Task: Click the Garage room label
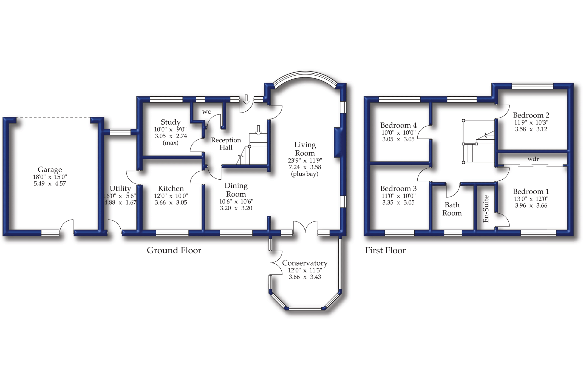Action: pos(50,169)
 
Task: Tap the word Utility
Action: pos(120,188)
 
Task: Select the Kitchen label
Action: pos(171,188)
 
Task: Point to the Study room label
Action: pos(171,122)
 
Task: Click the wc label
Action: pos(206,112)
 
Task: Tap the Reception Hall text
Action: pos(226,144)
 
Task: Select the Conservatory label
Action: pos(305,263)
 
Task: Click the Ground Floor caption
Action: pos(174,250)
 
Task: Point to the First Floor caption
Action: pos(385,250)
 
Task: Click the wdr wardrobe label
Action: pos(533,159)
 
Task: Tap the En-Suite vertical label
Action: pos(486,209)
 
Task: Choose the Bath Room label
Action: pos(452,209)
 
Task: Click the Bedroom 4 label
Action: pos(398,125)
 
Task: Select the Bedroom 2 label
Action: pos(531,115)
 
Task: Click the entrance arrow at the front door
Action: pos(246,99)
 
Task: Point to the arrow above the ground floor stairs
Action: pos(258,130)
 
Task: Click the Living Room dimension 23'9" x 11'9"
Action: pos(305,160)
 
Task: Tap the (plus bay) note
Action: pos(305,174)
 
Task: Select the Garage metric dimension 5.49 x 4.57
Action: pos(50,184)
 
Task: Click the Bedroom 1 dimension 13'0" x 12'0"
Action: pos(531,199)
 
